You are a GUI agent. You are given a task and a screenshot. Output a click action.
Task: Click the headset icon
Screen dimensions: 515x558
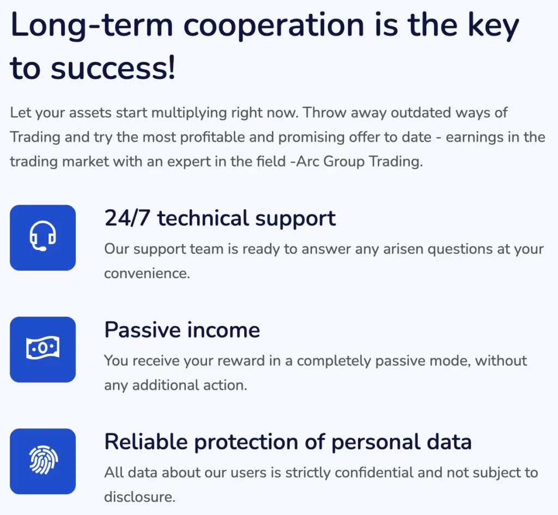(43, 237)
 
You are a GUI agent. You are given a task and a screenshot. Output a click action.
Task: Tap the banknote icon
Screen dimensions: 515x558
(43, 349)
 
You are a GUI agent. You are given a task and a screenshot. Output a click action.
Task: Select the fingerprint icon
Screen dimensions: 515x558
(43, 461)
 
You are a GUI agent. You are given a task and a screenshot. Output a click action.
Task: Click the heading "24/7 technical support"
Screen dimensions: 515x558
(220, 218)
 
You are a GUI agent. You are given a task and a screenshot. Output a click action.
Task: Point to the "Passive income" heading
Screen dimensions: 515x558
(182, 330)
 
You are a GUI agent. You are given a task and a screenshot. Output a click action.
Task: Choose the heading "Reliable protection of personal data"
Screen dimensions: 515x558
(288, 442)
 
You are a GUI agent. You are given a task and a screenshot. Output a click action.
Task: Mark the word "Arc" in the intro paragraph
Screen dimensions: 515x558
(324, 162)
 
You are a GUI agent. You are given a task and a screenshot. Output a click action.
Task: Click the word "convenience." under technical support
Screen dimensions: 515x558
(147, 273)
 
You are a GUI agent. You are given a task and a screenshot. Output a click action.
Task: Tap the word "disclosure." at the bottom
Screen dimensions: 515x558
(140, 496)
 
